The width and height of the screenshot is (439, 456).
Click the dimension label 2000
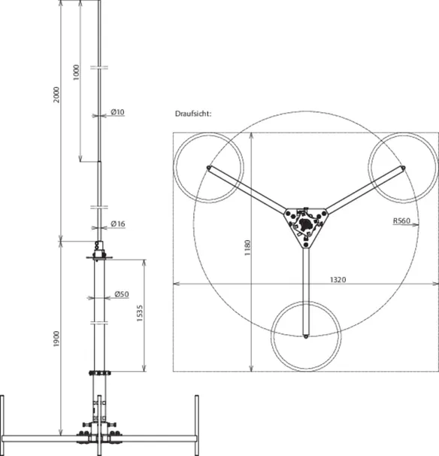point(56,95)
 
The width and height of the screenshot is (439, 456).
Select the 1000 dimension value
point(76,73)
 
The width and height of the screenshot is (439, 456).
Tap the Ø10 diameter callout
point(118,112)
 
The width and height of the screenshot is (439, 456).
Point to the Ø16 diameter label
point(118,223)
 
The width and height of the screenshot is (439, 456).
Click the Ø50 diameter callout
point(122,294)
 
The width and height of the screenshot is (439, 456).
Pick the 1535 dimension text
point(140,313)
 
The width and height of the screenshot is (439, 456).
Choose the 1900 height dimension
point(56,339)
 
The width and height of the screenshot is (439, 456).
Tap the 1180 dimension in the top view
point(247,248)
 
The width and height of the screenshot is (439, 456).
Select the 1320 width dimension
point(338,280)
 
